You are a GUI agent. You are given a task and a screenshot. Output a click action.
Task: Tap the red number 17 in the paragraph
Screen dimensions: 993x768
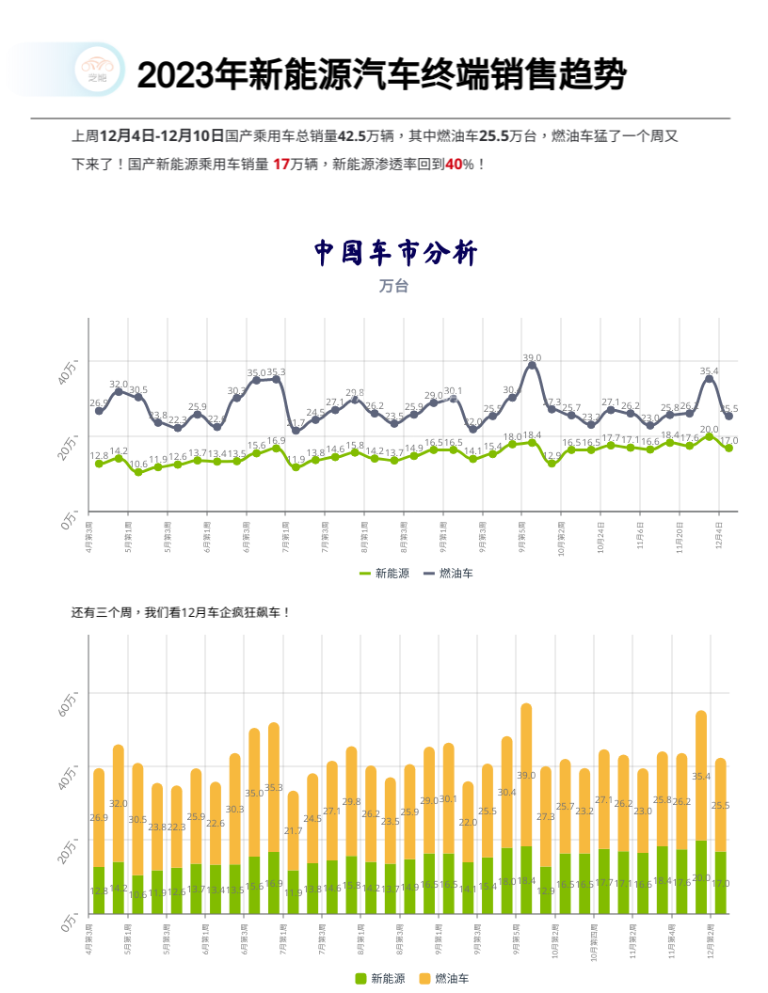pyautogui.click(x=280, y=165)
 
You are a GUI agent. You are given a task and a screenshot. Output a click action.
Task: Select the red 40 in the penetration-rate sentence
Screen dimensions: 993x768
pyautogui.click(x=454, y=165)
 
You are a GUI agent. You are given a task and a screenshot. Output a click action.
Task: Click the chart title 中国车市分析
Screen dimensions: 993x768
pyautogui.click(x=395, y=253)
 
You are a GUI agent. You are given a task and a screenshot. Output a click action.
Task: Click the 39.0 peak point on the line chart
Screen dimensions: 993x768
pyautogui.click(x=532, y=365)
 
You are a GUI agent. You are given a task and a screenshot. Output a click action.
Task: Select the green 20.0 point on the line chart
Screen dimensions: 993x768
pyautogui.click(x=709, y=436)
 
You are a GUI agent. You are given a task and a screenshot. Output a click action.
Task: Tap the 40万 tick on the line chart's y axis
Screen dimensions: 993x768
pyautogui.click(x=68, y=371)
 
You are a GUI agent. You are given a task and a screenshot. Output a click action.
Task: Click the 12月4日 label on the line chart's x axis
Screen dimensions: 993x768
pyautogui.click(x=718, y=535)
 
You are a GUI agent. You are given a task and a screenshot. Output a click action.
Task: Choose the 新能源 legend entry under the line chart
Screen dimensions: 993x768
pyautogui.click(x=384, y=573)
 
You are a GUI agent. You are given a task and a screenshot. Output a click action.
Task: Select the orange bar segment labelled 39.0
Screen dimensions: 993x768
pyautogui.click(x=526, y=775)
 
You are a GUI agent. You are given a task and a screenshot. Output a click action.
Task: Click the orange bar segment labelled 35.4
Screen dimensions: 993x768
pyautogui.click(x=700, y=776)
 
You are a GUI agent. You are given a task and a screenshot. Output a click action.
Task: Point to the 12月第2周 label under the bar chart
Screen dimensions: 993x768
pyautogui.click(x=711, y=941)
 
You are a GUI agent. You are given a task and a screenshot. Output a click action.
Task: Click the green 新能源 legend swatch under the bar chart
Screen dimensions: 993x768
pyautogui.click(x=360, y=979)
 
